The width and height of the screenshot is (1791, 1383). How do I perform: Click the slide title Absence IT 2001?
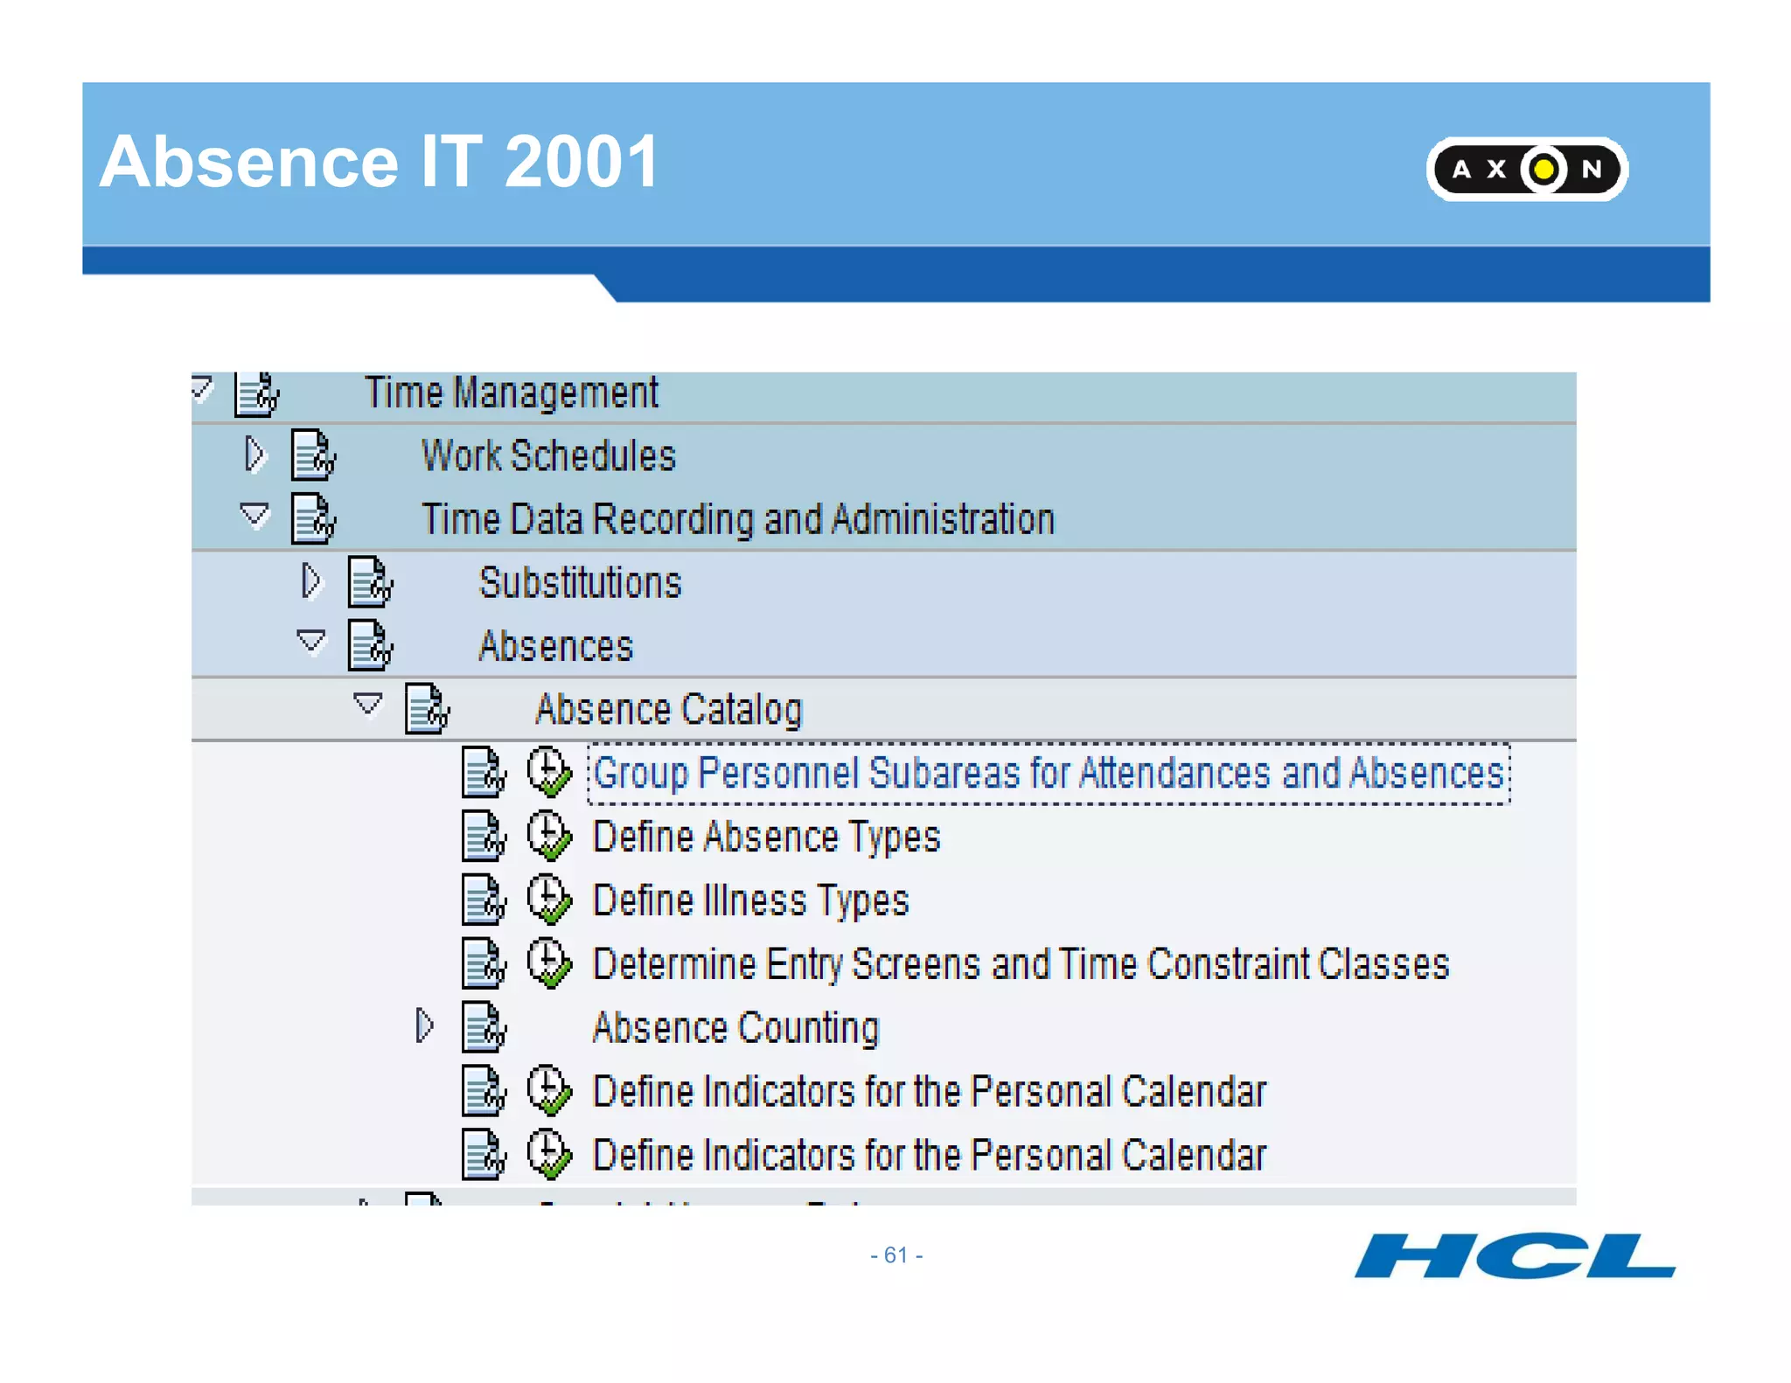click(x=379, y=162)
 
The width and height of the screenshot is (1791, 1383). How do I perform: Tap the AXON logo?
click(x=1526, y=169)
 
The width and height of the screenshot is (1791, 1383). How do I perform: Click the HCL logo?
click(x=1514, y=1256)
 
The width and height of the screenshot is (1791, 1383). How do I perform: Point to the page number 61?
click(x=896, y=1255)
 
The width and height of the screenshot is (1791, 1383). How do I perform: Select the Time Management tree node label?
click(x=511, y=393)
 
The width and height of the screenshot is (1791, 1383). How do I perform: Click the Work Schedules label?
click(x=548, y=455)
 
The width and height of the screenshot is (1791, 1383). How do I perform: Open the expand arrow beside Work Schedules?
click(x=254, y=455)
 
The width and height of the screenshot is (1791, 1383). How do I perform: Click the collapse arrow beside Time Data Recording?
click(x=254, y=516)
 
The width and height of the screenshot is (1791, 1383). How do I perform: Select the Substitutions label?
click(x=580, y=583)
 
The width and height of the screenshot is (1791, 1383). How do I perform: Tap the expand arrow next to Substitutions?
click(x=311, y=581)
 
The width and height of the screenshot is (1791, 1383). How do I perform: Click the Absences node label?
click(x=555, y=647)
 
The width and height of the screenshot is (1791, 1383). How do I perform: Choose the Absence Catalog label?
click(x=668, y=710)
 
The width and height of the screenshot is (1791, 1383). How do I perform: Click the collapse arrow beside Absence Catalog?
click(x=367, y=705)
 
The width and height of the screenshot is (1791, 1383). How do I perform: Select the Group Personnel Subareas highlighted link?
click(x=1048, y=774)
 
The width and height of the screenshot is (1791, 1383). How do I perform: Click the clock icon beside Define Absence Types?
click(x=549, y=836)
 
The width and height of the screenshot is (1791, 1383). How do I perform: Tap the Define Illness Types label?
click(x=750, y=900)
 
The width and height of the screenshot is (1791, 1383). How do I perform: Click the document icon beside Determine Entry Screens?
click(x=484, y=963)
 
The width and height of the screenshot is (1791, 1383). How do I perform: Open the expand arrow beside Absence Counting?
click(x=424, y=1025)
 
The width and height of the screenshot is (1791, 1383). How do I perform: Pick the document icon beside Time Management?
click(x=256, y=393)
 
